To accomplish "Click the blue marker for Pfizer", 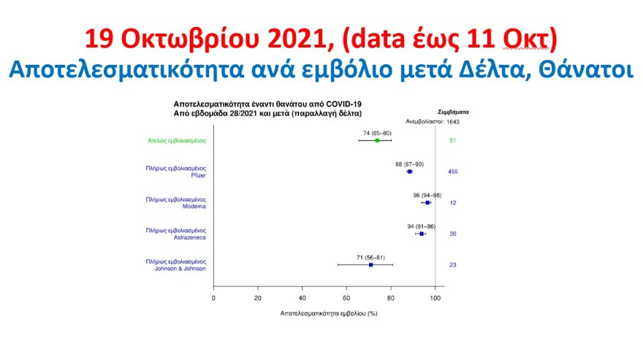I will [410, 172].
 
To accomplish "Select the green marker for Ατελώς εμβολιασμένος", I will [377, 140].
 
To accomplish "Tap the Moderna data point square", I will [427, 202].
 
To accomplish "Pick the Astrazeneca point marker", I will [422, 234].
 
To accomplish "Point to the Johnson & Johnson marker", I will [371, 264].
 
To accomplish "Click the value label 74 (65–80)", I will [377, 133].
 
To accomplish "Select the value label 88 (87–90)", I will [409, 164].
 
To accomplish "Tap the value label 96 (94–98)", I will [427, 195].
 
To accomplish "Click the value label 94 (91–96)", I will [422, 226].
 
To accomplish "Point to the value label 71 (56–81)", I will [370, 257].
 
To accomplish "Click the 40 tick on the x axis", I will [303, 298].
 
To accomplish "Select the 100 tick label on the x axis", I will [435, 298].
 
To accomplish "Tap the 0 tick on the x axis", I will [213, 298].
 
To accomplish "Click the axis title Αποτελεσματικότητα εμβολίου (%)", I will [328, 313].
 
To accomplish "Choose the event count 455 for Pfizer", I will [453, 172].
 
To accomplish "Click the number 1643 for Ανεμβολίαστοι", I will [452, 121].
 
